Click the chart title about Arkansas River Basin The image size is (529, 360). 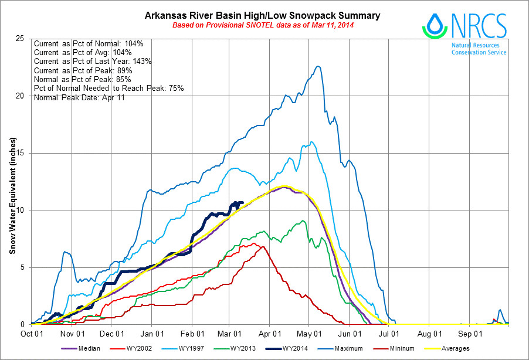tap(262, 15)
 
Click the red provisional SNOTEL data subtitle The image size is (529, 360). tap(262, 25)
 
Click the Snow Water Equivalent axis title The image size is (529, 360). tap(12, 196)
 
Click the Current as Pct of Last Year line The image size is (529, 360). tap(93, 62)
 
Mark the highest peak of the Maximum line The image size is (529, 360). tap(318, 66)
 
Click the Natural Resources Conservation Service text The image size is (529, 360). tap(479, 49)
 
